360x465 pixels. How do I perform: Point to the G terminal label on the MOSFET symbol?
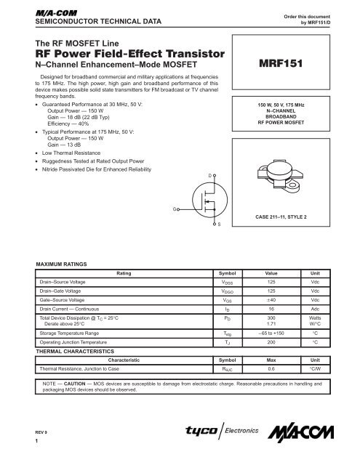click(x=175, y=210)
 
